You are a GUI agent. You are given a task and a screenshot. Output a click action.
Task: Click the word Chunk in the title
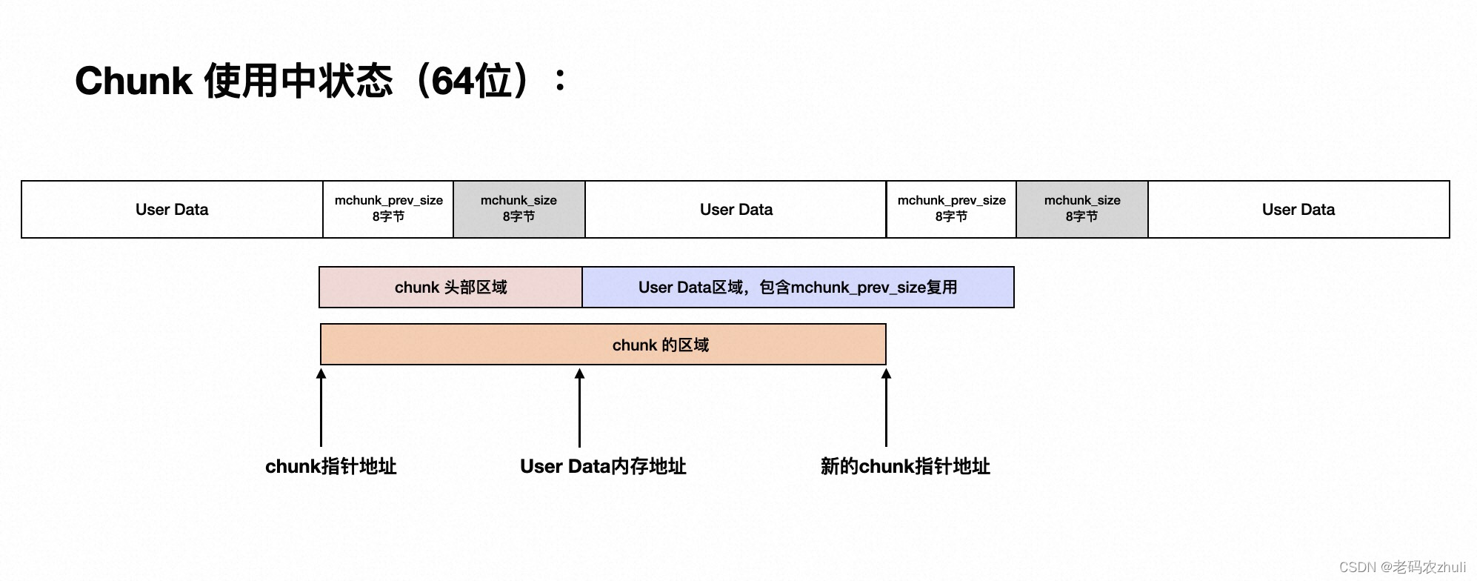(133, 81)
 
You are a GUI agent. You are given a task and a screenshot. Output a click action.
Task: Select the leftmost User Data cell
(172, 210)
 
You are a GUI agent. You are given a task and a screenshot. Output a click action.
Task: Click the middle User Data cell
(736, 210)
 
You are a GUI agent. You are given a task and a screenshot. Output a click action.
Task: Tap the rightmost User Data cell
(1298, 210)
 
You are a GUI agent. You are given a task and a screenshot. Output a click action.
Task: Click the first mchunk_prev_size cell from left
(388, 209)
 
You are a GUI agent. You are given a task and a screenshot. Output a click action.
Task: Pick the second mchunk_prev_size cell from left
(951, 209)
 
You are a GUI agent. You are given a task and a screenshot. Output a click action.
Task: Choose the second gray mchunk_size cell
(1081, 209)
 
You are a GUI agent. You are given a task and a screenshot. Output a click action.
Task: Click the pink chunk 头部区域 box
(450, 288)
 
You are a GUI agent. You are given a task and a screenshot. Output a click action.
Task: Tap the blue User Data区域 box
(798, 288)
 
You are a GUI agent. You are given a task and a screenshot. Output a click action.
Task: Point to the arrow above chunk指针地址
(321, 408)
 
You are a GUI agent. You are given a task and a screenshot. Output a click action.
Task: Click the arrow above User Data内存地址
(579, 408)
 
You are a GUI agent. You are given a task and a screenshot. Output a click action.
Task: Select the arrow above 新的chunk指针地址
(886, 408)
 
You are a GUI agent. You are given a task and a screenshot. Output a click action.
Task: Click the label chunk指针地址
(330, 466)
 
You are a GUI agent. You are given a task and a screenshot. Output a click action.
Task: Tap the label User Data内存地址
(603, 466)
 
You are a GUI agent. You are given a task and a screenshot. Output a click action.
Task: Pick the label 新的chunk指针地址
(905, 466)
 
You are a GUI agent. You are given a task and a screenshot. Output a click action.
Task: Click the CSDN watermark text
(1402, 567)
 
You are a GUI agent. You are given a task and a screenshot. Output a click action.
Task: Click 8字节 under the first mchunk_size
(519, 217)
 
